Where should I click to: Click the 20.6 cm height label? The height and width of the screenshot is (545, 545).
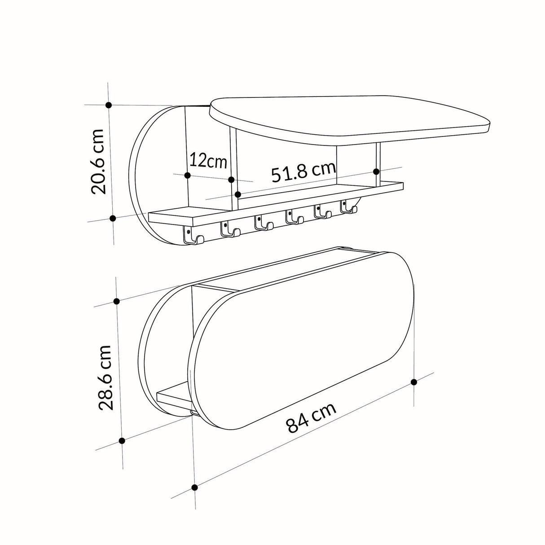[x=97, y=161]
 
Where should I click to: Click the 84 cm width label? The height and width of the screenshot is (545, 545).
[x=311, y=417]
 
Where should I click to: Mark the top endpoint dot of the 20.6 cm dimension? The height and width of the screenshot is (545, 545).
[x=108, y=105]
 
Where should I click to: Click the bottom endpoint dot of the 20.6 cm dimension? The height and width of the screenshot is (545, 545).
[x=113, y=218]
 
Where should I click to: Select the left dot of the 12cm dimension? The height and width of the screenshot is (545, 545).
[x=188, y=175]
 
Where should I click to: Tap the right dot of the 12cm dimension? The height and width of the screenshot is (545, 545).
[x=231, y=180]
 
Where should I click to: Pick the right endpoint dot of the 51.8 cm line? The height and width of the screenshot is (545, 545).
[x=376, y=171]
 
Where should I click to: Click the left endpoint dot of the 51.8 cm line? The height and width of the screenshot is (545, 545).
[x=238, y=194]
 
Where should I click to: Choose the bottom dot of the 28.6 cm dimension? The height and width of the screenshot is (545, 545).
[x=122, y=441]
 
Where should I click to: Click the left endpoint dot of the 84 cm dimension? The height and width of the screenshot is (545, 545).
[x=194, y=487]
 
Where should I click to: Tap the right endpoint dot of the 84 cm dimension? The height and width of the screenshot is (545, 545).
[x=413, y=382]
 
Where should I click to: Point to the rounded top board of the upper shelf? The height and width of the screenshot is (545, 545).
[x=350, y=119]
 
